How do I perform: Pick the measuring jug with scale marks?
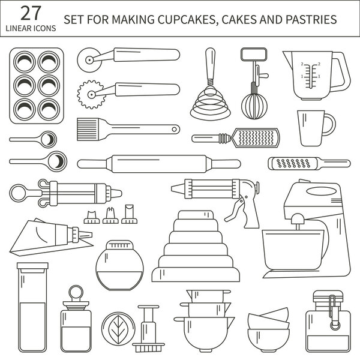[312, 76]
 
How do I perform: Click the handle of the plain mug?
[329, 125]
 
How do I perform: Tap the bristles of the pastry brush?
[89, 128]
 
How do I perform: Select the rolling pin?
[159, 163]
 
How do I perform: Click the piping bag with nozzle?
[57, 235]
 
